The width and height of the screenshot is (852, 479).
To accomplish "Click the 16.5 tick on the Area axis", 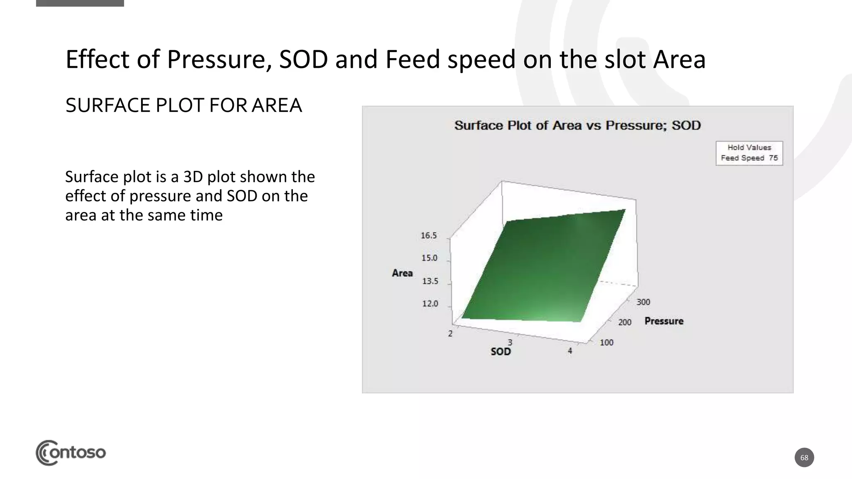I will [429, 236].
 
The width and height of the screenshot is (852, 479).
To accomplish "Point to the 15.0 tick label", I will [429, 258].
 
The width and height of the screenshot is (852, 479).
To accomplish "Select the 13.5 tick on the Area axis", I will [430, 281].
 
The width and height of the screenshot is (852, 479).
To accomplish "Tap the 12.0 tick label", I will [430, 304].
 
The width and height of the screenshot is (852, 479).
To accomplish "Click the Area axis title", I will [402, 273].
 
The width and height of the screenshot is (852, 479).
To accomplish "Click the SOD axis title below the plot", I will [500, 352].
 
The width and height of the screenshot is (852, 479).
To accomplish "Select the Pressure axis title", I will [664, 321].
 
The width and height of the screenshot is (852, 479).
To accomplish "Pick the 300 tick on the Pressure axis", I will [643, 302].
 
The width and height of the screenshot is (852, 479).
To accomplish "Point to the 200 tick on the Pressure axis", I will [624, 322].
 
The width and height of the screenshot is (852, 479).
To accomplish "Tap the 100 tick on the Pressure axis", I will [606, 343].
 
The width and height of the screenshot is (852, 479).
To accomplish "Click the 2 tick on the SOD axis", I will [450, 333].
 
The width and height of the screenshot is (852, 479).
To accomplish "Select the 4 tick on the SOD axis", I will [570, 351].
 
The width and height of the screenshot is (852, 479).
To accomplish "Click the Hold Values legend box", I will [749, 153].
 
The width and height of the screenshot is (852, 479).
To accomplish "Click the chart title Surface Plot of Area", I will [577, 126].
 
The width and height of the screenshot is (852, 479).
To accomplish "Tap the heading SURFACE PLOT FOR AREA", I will [183, 105].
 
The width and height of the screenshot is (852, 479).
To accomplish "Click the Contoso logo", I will [71, 452].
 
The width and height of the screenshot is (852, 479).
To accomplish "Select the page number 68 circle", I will [804, 457].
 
